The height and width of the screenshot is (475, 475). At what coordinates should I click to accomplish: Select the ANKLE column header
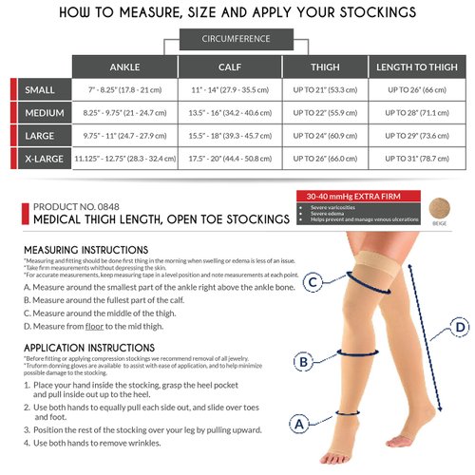(124, 67)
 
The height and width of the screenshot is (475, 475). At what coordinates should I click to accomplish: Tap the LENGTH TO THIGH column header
(414, 67)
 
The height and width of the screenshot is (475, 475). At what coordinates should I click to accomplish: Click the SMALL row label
(40, 88)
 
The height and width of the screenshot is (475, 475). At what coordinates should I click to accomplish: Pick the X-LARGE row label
(40, 158)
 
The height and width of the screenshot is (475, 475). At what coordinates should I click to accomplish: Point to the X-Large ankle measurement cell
(124, 158)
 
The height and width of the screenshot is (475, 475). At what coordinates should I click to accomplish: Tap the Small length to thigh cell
(414, 88)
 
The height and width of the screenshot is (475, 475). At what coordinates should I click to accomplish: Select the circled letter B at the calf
(302, 361)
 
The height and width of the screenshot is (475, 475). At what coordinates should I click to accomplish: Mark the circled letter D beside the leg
(460, 328)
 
